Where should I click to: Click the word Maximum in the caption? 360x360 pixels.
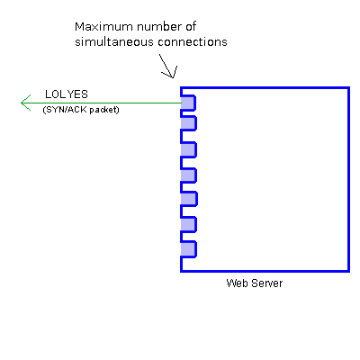[x=103, y=27]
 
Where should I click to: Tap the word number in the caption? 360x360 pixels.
[x=158, y=27]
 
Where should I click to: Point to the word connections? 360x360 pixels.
[x=193, y=42]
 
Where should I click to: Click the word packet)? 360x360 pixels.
[x=104, y=110]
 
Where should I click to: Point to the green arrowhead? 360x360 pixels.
[x=25, y=103]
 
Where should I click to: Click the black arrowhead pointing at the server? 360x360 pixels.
[x=170, y=72]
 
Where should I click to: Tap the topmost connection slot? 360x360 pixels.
[x=188, y=103]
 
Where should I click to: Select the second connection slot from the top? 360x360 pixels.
[x=188, y=123]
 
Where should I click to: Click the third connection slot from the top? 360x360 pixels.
[x=188, y=149]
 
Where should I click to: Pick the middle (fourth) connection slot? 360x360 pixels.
[x=188, y=175]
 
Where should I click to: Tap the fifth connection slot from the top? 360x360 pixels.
[x=189, y=199]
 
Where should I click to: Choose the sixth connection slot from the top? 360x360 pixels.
[x=188, y=224]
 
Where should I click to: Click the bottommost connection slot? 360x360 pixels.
[x=188, y=249]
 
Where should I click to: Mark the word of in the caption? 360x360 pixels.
[x=191, y=27]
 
